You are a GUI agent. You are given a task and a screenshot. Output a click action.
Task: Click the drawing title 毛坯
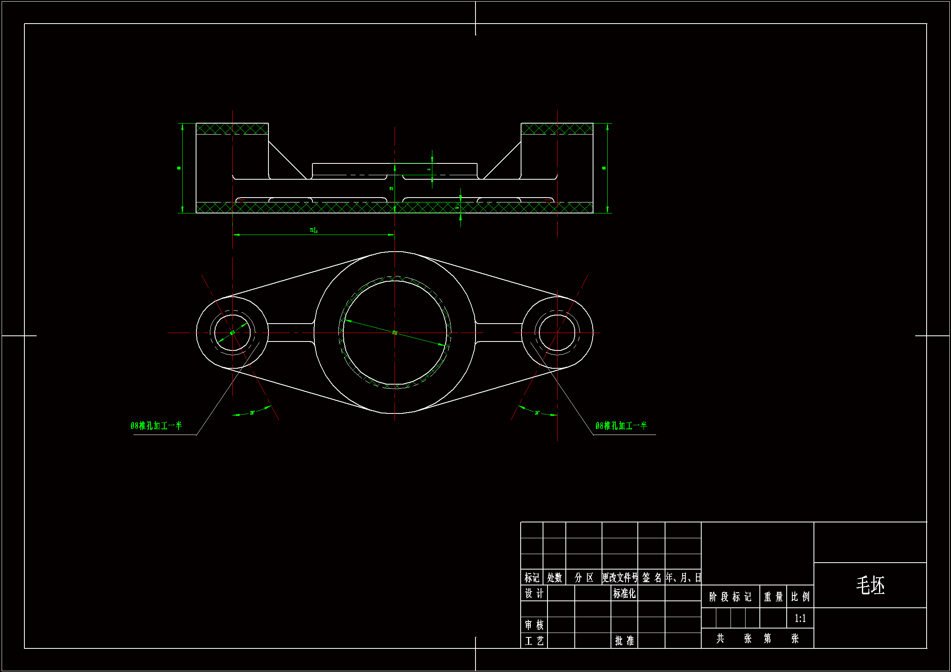click(870, 585)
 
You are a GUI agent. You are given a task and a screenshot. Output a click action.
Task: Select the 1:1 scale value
click(800, 618)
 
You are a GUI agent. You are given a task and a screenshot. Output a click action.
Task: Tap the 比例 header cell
click(800, 597)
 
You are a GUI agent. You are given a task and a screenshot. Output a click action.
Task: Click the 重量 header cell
click(773, 597)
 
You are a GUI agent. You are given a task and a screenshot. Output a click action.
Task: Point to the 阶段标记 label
click(730, 597)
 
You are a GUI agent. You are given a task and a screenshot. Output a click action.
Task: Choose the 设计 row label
click(534, 593)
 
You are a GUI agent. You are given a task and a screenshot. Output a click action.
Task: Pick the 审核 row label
click(534, 625)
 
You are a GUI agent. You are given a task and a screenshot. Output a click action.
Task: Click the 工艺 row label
click(534, 641)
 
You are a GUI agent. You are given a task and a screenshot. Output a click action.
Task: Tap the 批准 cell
click(624, 641)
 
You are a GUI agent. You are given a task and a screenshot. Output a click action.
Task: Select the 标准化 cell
click(624, 593)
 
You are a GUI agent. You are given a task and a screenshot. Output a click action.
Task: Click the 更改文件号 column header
click(619, 578)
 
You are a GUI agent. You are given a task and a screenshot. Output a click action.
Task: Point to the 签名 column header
click(652, 578)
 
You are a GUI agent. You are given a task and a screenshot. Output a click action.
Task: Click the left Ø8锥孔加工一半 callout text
click(156, 426)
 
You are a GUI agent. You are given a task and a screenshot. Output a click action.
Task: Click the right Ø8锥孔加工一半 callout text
click(621, 426)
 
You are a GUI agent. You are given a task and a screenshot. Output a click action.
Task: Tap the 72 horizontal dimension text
click(313, 230)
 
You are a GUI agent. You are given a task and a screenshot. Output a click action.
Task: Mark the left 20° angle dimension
click(252, 413)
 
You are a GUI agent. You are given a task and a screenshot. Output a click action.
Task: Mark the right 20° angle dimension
click(537, 413)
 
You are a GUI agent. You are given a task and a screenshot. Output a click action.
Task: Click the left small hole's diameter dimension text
click(232, 333)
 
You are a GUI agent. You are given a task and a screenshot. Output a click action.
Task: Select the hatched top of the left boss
click(232, 129)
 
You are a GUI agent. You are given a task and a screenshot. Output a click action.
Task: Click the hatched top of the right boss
click(557, 129)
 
